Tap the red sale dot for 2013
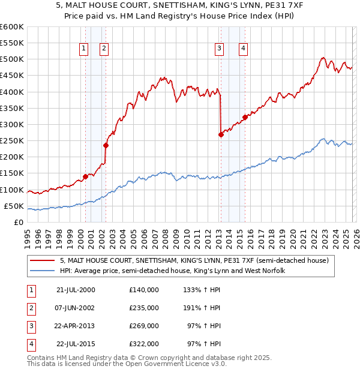click(221, 135)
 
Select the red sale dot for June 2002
click(106, 145)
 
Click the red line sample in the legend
click(43, 261)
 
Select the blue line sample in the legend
click(43, 271)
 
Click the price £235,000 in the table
click(143, 308)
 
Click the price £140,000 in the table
click(143, 290)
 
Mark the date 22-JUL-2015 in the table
click(75, 344)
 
